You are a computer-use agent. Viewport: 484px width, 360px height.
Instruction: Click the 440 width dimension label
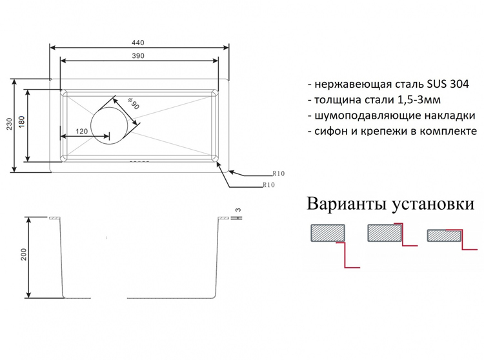(x=138, y=43)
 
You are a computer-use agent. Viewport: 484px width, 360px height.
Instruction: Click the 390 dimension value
(x=138, y=56)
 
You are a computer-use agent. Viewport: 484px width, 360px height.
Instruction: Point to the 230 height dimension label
(x=9, y=124)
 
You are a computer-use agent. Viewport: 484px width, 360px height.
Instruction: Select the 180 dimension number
(x=21, y=122)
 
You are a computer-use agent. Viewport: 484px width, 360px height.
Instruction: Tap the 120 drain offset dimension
(x=81, y=131)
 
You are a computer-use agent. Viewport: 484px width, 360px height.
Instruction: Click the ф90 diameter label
(x=134, y=103)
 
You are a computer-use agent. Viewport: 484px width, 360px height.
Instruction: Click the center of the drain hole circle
(x=109, y=126)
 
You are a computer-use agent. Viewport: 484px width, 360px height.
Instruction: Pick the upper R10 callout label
(x=278, y=174)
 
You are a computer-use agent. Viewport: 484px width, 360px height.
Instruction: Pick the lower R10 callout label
(x=268, y=185)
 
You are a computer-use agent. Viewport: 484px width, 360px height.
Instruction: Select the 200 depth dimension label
(x=24, y=254)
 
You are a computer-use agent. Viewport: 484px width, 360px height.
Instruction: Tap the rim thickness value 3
(x=238, y=210)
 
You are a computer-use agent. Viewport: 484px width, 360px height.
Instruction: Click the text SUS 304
(x=448, y=84)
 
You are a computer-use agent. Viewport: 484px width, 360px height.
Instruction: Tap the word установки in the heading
(x=432, y=205)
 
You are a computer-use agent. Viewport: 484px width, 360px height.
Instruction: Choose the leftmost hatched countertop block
(x=328, y=233)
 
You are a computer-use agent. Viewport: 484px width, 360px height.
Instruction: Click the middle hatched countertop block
(x=385, y=233)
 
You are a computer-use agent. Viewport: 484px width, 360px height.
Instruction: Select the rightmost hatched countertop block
(x=444, y=235)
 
